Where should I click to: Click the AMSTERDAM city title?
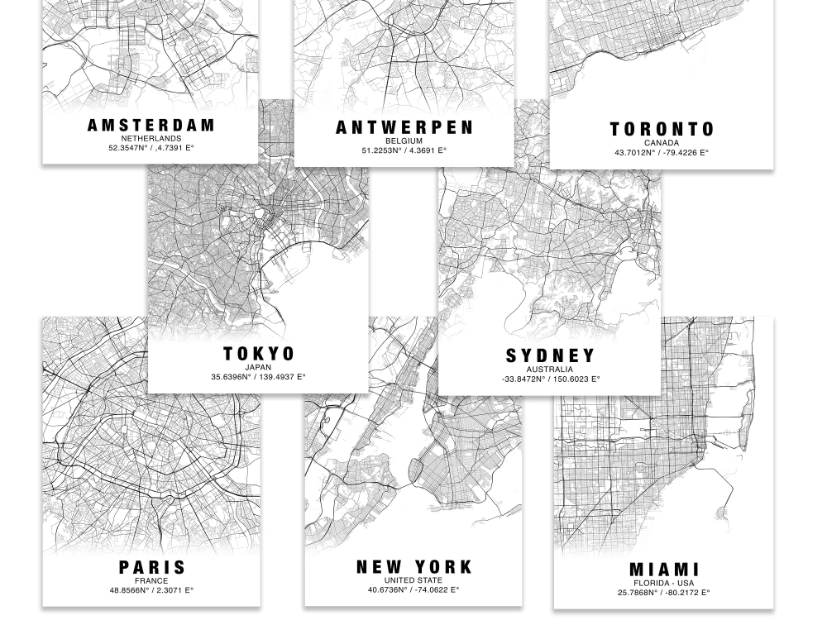[151, 126]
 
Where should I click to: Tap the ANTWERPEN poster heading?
[404, 127]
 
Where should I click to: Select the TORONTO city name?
[662, 129]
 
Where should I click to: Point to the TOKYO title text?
[259, 354]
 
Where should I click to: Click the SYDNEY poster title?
[550, 356]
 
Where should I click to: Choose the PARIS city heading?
[152, 568]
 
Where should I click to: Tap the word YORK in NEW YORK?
[444, 567]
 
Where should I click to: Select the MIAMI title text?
[664, 570]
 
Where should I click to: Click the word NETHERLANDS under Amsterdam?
[151, 139]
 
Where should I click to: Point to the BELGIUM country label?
[404, 141]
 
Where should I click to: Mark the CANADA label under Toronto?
[662, 143]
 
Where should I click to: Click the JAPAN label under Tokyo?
[259, 367]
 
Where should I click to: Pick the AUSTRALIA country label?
[550, 370]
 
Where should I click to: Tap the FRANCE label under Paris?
[152, 581]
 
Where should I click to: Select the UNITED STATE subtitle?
[413, 580]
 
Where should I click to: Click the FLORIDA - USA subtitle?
[664, 583]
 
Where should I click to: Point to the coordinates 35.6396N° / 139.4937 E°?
[259, 377]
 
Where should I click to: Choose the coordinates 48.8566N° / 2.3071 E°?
[152, 590]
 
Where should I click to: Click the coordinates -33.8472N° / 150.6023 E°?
[550, 379]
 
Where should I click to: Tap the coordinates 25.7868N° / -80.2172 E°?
[664, 592]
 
